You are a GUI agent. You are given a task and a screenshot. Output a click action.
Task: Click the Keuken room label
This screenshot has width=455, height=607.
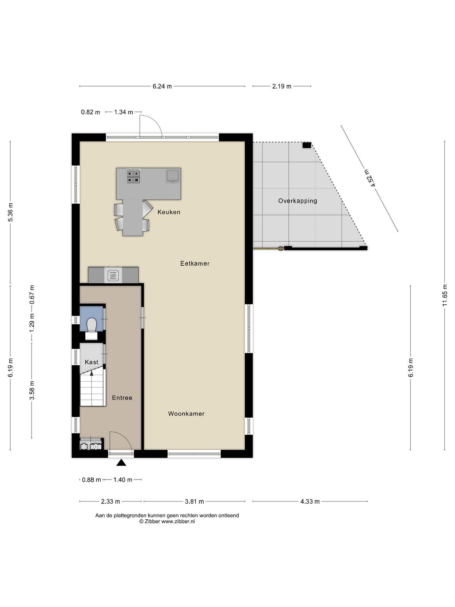coord(169,212)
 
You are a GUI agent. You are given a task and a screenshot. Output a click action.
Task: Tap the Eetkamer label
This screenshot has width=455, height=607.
coord(195,263)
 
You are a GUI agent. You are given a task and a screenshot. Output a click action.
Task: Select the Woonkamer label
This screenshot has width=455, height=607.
coord(186,414)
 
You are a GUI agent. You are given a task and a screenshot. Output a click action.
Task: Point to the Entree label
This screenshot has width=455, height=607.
coord(122,398)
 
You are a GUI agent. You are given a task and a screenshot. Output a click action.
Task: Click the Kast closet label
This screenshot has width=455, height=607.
coord(91,362)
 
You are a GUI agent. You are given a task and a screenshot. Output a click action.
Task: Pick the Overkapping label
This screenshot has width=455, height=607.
coord(298,201)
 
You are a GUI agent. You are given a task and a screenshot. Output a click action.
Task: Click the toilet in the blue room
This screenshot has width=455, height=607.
coord(91,326)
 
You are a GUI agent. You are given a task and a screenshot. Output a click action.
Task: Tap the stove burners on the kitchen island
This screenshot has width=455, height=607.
coord(134,176)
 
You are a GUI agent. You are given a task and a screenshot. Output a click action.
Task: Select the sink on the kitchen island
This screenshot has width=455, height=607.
coord(173,176)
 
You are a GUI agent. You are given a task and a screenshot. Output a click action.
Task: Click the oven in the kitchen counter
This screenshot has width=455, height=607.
coord(113,275)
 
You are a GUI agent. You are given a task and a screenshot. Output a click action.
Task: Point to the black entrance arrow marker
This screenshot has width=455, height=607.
coord(121,462)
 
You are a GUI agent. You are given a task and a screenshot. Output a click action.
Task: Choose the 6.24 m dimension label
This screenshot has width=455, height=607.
coord(162,86)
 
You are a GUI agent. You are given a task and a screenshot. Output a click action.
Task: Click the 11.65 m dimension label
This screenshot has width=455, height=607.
coord(444,295)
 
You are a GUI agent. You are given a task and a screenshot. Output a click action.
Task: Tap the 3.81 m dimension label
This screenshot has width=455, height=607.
coord(194,502)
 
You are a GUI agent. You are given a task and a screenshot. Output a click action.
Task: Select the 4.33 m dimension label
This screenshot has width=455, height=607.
coord(310,502)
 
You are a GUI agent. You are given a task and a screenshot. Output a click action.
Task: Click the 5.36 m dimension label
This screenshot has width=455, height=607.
coord(11,212)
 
